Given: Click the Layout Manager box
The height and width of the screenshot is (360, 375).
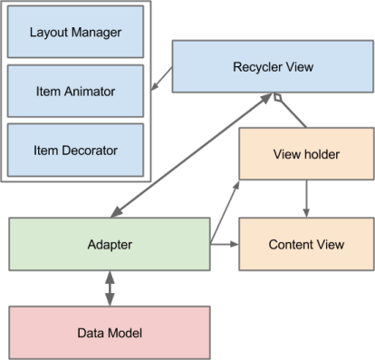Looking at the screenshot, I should coord(74,33).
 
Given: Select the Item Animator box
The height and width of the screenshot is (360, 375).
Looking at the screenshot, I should coord(74,91).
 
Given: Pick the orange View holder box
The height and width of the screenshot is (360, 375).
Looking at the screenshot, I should coord(305,154).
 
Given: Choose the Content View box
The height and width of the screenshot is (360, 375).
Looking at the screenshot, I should coord(305,245).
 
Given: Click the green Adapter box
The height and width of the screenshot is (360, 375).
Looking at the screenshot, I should coord(110,245).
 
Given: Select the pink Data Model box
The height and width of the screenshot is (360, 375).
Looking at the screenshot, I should coord(110,333).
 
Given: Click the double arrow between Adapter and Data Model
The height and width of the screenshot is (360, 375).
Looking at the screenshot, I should coord(111,288).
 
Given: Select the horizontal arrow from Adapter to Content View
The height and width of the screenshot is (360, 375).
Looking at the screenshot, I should coord(224,245).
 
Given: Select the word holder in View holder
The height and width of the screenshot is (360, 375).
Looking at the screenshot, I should coord(320,154).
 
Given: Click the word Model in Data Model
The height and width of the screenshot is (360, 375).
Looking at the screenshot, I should coord(126,333).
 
